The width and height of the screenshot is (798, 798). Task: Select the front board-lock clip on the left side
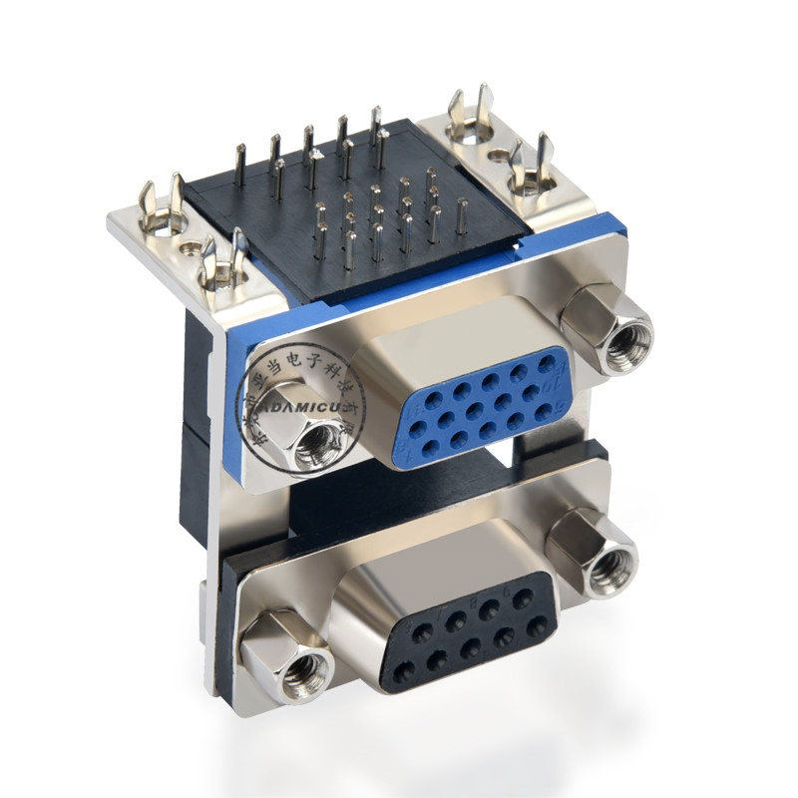(223, 262)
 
